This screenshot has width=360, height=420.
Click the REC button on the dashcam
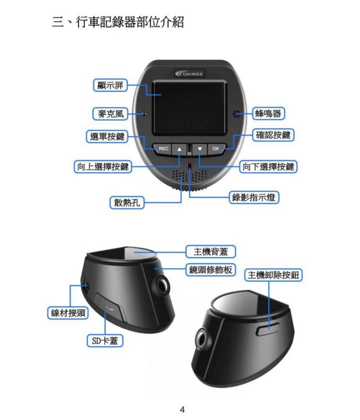162,148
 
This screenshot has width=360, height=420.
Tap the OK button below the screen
216,148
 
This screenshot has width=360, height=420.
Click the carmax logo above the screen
189,73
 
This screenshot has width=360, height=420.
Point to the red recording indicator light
190,165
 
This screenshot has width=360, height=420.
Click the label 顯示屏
110,85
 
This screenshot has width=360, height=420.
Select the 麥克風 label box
110,114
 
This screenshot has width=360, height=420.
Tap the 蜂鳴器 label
268,113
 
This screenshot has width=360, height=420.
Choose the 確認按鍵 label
273,135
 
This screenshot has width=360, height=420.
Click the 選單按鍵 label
107,136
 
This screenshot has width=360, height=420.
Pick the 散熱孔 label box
127,202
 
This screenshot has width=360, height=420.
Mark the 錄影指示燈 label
253,197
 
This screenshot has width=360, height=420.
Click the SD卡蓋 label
105,341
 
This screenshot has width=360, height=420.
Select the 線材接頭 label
68,313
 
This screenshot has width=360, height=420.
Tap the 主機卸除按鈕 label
273,275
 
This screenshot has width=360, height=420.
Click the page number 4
182,409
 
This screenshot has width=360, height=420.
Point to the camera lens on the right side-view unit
202,339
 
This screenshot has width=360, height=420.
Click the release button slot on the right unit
268,329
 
